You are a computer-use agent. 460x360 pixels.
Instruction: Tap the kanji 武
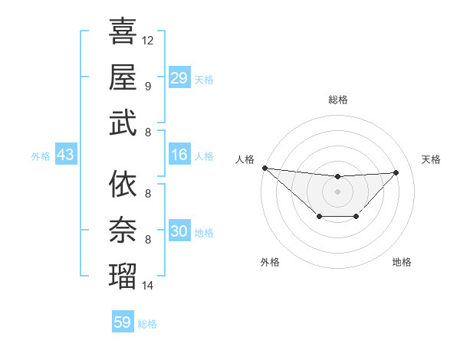tap(123, 122)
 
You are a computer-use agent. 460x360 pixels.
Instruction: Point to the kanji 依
tap(123, 184)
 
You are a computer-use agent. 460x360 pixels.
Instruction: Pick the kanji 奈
tap(123, 229)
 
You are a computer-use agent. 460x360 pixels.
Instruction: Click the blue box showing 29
tap(179, 77)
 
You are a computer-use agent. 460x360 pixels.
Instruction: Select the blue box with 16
tap(179, 155)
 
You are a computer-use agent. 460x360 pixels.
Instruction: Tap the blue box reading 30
tap(179, 231)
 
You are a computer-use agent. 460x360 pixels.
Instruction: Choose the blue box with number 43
tap(66, 155)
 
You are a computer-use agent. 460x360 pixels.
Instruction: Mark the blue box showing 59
tap(123, 322)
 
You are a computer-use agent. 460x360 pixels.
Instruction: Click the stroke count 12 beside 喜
tap(148, 40)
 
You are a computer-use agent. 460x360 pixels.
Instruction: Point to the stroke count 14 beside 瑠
tap(148, 286)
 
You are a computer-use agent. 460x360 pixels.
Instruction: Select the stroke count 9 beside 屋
tap(148, 86)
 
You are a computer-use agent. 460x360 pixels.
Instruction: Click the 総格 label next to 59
tap(147, 324)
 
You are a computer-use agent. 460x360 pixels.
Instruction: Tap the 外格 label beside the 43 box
tap(41, 156)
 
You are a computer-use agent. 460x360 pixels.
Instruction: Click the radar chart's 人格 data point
tap(264, 168)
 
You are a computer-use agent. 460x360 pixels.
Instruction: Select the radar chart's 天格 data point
tap(396, 172)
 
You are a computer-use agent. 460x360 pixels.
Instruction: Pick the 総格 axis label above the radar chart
tap(337, 100)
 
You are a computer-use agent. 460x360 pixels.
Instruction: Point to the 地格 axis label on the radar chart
tap(402, 262)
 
